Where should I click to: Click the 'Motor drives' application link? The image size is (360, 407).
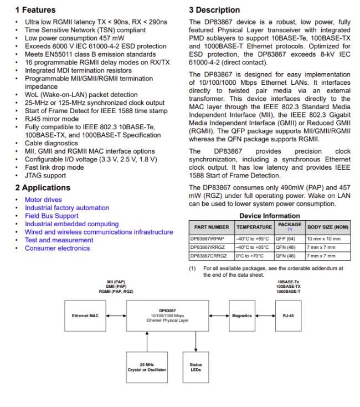coord(43,200)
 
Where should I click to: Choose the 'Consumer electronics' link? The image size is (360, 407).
coord(57,248)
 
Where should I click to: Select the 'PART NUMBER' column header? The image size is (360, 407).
coord(211,227)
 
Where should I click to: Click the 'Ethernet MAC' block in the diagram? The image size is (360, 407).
coord(86,316)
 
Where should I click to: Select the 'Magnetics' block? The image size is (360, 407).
coord(242,316)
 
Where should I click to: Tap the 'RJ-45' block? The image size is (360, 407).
coord(288,316)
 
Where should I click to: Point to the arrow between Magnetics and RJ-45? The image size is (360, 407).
coord(265,316)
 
